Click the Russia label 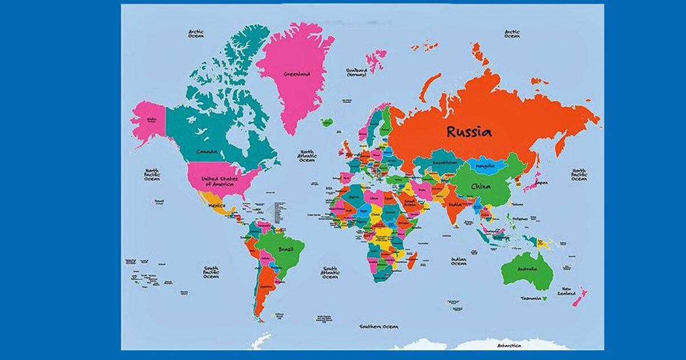pyautogui.click(x=469, y=132)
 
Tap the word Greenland pyautogui.click(x=297, y=74)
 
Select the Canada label pyautogui.click(x=206, y=151)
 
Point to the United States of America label pyautogui.click(x=220, y=181)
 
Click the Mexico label pyautogui.click(x=217, y=205)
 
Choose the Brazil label pyautogui.click(x=285, y=250)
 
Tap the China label pyautogui.click(x=480, y=186)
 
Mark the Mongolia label pyautogui.click(x=485, y=166)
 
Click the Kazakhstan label pyautogui.click(x=445, y=162)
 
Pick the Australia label pyautogui.click(x=527, y=269)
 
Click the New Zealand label pyautogui.click(x=567, y=291)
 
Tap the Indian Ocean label pyautogui.click(x=458, y=261)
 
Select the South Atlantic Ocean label pyautogui.click(x=330, y=273)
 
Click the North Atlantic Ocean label pyautogui.click(x=307, y=156)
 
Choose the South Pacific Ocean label pyautogui.click(x=211, y=272)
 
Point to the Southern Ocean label pyautogui.click(x=378, y=326)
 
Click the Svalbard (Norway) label pyautogui.click(x=356, y=72)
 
